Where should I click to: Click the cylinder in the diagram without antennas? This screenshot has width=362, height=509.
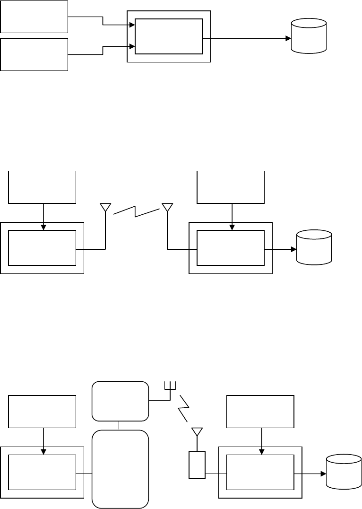(x=309, y=36)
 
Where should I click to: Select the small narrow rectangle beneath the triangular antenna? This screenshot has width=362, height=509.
(x=197, y=465)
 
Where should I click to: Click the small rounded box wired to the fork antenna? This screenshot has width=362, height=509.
(x=120, y=401)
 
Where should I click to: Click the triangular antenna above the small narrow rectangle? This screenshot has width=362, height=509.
(x=197, y=432)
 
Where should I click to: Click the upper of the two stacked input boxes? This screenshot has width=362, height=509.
(x=34, y=17)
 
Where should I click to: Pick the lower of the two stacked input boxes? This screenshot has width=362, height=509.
(x=34, y=54)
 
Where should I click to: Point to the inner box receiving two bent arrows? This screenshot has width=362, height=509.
(x=169, y=37)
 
